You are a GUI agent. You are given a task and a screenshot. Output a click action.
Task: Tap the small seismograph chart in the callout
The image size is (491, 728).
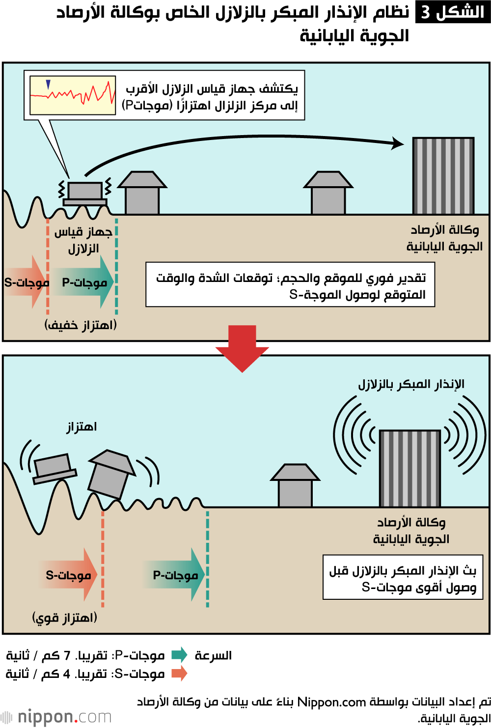(73, 95)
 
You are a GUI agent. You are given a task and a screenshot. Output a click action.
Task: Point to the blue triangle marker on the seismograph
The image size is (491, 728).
(48, 84)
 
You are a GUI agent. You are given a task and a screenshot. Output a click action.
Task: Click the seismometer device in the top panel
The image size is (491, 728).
(85, 193)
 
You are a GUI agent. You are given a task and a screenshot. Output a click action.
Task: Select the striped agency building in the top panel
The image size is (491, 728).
(443, 176)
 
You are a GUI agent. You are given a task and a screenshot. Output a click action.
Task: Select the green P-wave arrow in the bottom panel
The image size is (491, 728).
(176, 575)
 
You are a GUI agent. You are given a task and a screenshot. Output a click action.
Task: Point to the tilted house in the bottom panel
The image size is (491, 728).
(111, 474)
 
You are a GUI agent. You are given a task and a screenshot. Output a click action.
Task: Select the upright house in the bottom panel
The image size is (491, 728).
(295, 486)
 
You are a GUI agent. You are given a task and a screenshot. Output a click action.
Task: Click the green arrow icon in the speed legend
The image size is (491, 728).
(179, 655)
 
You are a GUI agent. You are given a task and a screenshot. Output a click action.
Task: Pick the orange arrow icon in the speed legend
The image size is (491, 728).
(179, 673)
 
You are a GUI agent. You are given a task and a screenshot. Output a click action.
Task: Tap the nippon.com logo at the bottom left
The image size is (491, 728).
(56, 717)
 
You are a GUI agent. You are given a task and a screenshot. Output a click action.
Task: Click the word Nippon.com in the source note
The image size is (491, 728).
(331, 702)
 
